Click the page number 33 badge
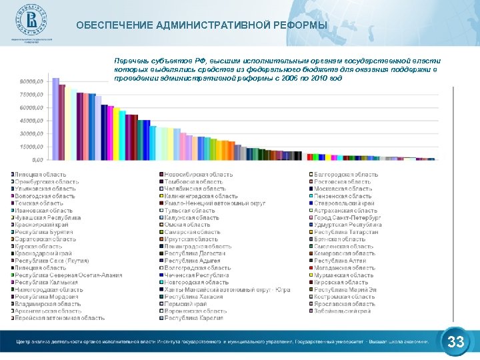pyautogui.click(x=456, y=343)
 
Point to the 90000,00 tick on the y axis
pyautogui.click(x=31, y=81)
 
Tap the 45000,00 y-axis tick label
pyautogui.click(x=31, y=121)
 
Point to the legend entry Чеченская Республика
pyautogui.click(x=197, y=275)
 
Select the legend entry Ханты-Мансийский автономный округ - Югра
pyautogui.click(x=227, y=290)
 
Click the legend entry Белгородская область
pyautogui.click(x=346, y=174)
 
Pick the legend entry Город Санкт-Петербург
pyautogui.click(x=347, y=217)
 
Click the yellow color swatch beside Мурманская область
pyautogui.click(x=311, y=275)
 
